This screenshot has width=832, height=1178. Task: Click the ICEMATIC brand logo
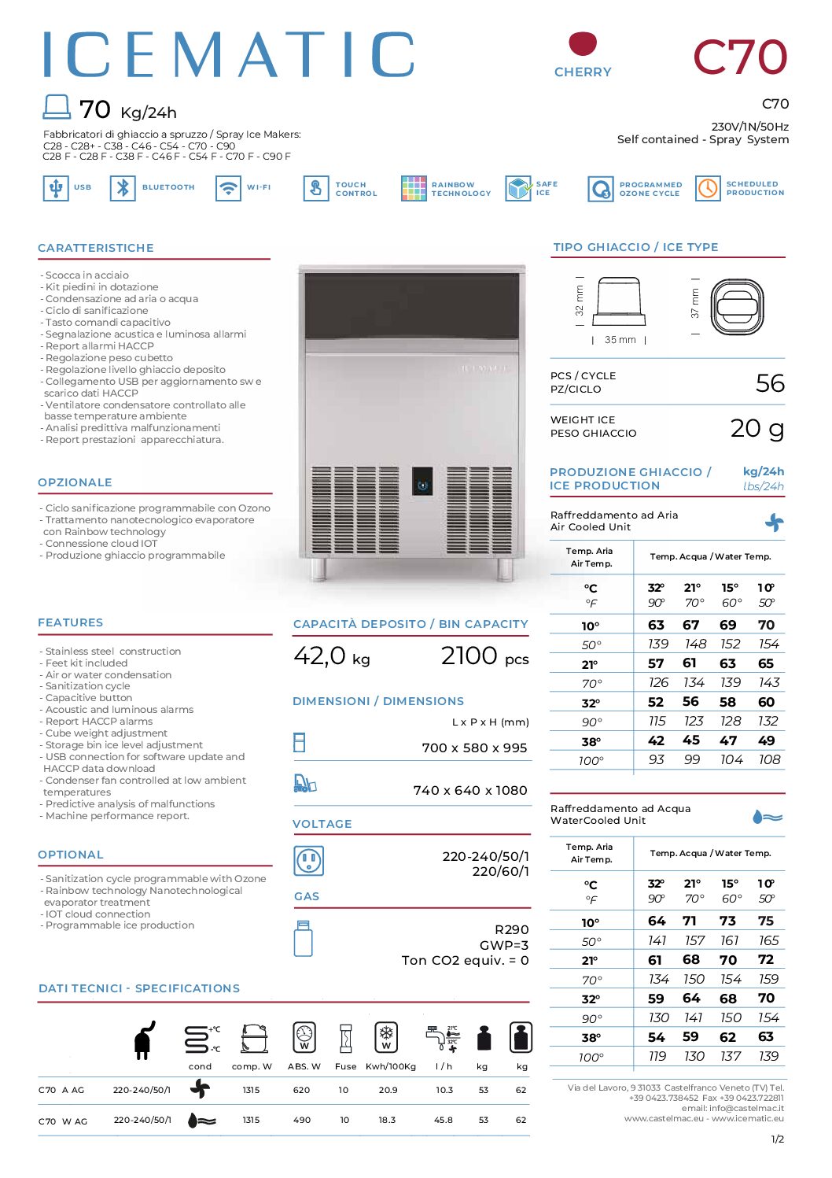tap(228, 55)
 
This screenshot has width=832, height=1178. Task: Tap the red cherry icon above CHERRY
tap(583, 44)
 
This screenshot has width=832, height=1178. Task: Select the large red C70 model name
tap(739, 57)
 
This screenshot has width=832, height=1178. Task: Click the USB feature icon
tap(56, 188)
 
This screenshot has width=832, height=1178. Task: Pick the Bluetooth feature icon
tap(123, 188)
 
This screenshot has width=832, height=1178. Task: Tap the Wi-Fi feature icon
tap(228, 188)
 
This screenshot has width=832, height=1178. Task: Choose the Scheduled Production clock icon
tap(708, 188)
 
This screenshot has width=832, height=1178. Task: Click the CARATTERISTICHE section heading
tap(96, 248)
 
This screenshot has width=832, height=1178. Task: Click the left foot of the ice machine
tap(318, 569)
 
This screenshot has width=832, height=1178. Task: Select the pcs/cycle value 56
tap(770, 383)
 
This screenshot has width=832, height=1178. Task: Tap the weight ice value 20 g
tap(757, 428)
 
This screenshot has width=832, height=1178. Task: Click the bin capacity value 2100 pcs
tap(484, 656)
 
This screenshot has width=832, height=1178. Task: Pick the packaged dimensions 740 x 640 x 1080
tap(470, 790)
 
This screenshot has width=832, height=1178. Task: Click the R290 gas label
tap(511, 929)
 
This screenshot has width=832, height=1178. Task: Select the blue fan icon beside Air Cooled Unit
tap(774, 523)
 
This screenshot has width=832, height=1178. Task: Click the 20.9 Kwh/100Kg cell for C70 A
tap(388, 1090)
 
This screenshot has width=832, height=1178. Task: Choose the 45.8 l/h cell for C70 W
tap(444, 1120)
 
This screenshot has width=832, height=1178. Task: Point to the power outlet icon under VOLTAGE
tap(307, 861)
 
